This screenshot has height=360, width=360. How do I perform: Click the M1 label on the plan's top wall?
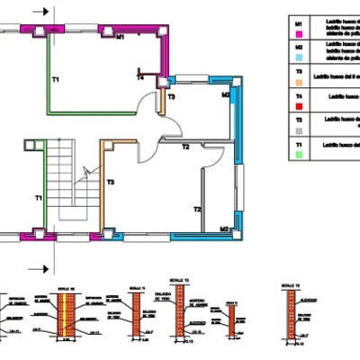point(120,38)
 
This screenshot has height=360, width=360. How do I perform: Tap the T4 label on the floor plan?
point(139,78)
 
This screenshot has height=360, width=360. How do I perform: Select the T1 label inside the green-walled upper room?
point(55,81)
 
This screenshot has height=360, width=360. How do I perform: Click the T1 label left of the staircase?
point(39,197)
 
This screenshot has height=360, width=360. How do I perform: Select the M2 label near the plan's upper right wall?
point(225,93)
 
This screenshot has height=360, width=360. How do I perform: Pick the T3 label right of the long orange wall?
point(111,183)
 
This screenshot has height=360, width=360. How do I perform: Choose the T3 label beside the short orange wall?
point(171,96)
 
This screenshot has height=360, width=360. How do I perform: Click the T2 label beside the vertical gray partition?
point(196,209)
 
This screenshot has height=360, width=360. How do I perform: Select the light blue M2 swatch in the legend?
point(299,55)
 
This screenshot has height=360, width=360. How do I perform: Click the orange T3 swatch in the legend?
point(299,80)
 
